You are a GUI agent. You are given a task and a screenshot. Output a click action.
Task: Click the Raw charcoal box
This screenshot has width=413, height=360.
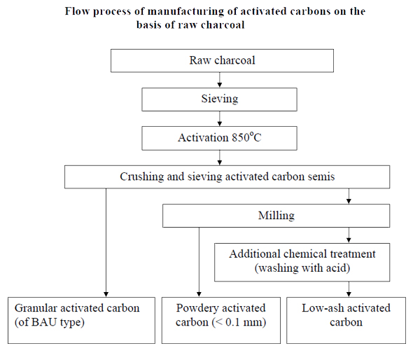(222, 61)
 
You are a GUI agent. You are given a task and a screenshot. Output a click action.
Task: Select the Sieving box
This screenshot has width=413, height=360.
(219, 99)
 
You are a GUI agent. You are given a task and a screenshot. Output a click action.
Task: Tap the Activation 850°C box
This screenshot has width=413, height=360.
(219, 138)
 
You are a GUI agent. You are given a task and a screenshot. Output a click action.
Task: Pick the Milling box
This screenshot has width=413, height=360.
(276, 216)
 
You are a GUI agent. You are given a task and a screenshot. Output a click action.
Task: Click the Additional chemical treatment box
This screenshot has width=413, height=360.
(302, 262)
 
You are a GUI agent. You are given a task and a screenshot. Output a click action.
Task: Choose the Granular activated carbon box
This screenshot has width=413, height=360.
(81, 320)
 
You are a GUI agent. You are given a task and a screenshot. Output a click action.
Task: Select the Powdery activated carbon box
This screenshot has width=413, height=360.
(221, 320)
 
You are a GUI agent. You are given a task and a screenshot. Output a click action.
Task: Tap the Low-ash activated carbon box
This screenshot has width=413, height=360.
(346, 320)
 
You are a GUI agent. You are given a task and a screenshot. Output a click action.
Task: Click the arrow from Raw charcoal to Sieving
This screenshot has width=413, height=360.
(220, 80)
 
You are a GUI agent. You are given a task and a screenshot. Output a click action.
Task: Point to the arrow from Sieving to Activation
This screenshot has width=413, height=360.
(220, 118)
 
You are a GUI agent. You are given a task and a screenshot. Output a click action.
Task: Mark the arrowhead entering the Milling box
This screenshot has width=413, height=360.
(349, 201)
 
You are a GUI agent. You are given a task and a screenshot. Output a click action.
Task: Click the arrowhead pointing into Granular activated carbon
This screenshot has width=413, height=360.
(106, 294)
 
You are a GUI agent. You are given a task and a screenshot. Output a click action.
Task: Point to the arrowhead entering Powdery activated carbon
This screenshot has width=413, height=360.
(199, 294)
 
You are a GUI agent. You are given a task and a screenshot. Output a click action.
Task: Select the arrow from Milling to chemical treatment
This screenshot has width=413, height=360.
(349, 235)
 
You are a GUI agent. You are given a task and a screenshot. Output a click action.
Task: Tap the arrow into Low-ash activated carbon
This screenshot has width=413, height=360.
(349, 289)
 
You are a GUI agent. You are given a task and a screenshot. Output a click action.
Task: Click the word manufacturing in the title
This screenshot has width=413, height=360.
(185, 12)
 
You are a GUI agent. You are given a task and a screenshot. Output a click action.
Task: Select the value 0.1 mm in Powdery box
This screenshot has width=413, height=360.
(244, 322)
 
